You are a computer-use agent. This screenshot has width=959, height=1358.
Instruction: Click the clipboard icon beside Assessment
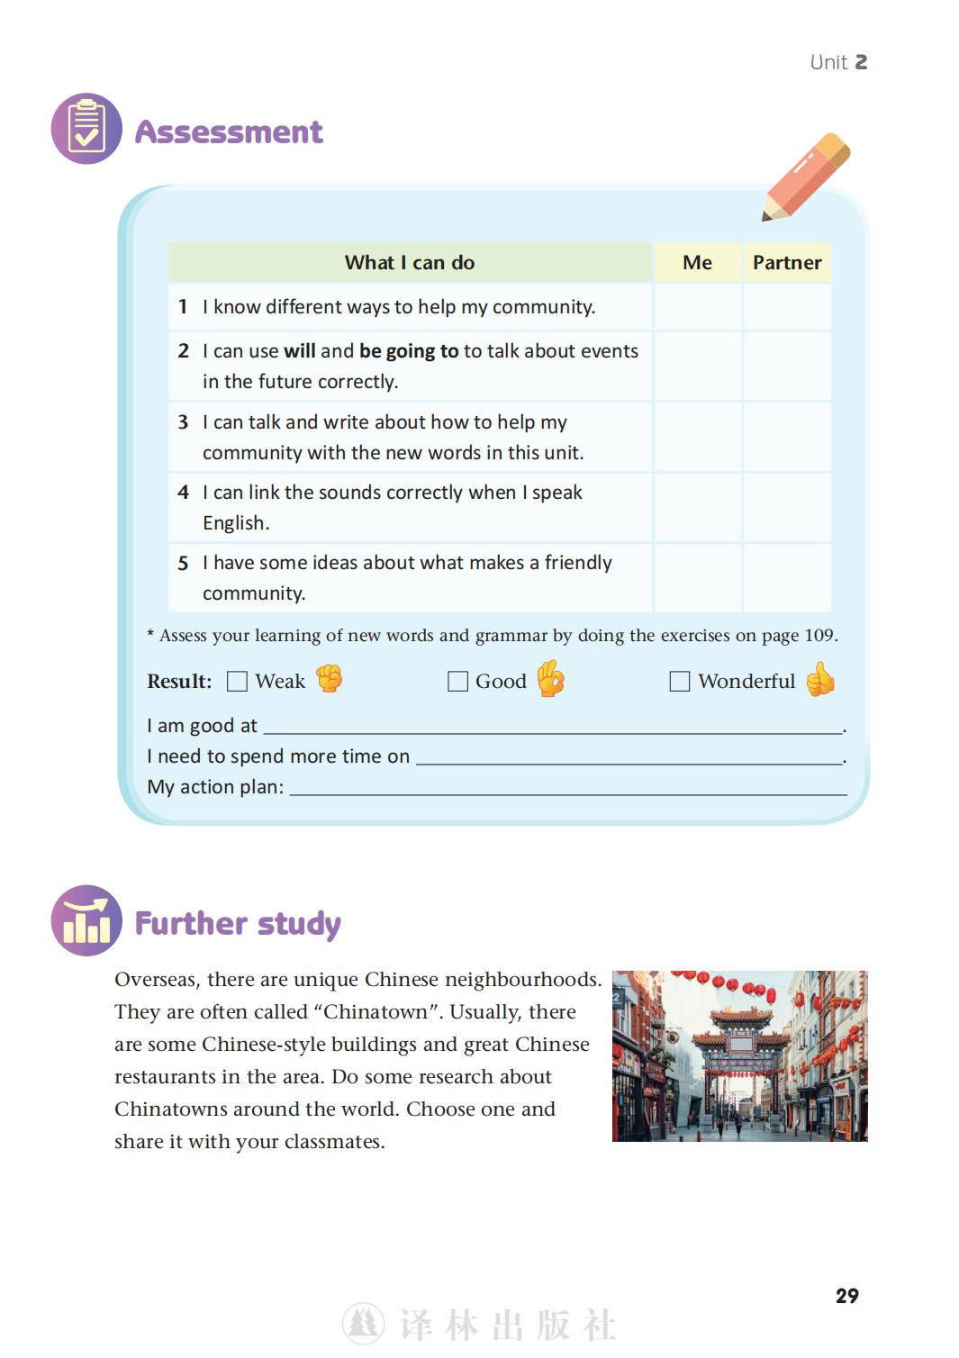[x=86, y=129]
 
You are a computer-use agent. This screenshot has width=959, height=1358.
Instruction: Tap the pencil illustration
[x=805, y=177]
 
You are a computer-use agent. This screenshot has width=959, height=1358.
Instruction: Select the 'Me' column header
[x=697, y=262]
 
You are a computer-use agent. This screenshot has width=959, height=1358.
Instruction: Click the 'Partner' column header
[x=787, y=262]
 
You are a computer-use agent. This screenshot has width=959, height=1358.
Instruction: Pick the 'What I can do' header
[x=410, y=262]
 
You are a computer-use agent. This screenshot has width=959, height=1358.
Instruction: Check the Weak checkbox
[x=237, y=682]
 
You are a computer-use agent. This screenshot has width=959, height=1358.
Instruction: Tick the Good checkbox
[x=457, y=682]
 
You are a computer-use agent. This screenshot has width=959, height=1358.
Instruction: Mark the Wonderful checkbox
[x=679, y=682]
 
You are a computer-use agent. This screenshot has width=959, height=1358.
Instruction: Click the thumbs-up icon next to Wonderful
[x=820, y=680]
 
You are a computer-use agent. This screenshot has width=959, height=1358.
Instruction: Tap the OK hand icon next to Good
[x=551, y=679]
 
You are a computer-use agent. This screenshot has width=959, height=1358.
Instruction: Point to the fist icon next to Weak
[x=330, y=678]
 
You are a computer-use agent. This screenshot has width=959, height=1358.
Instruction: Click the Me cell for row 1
[x=697, y=307]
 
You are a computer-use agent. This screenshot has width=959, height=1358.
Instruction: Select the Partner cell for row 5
[x=787, y=577]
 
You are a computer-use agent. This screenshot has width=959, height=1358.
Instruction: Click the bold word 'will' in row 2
[x=299, y=351]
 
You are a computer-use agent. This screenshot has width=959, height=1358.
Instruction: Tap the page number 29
[x=846, y=1296]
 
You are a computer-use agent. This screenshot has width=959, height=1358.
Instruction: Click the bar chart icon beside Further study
[x=86, y=920]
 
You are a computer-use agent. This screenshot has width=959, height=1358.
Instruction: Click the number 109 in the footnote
[x=819, y=636]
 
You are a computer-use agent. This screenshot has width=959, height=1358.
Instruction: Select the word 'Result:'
[x=179, y=682]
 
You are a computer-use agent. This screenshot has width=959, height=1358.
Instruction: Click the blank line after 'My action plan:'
[x=567, y=789]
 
